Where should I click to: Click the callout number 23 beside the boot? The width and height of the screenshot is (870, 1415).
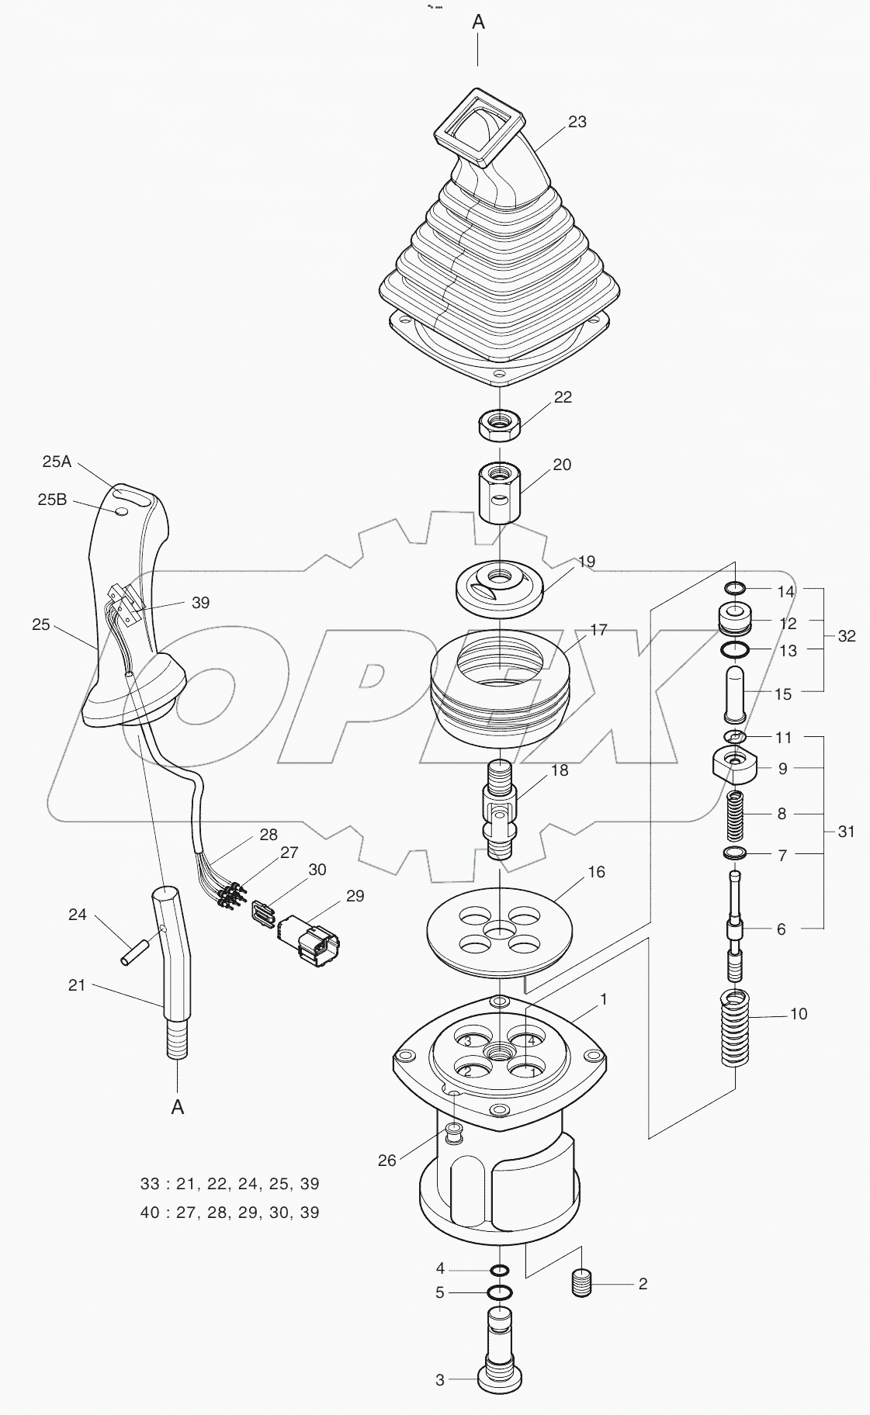pos(577,122)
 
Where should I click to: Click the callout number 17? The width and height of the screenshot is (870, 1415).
pos(598,630)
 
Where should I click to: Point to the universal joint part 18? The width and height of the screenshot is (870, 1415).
pos(501,809)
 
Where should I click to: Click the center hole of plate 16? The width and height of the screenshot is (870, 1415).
pos(500,929)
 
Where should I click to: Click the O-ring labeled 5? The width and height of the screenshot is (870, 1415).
pos(501,1293)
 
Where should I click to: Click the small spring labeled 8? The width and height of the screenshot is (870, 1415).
pos(735,815)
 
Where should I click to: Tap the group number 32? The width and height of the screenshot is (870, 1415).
pos(847,636)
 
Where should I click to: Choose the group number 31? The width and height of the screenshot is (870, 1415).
pos(846,832)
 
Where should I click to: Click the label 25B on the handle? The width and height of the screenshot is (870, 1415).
pos(52,500)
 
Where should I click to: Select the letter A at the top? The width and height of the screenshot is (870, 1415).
pos(479,22)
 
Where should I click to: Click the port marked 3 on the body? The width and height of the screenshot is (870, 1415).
pos(466,1041)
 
